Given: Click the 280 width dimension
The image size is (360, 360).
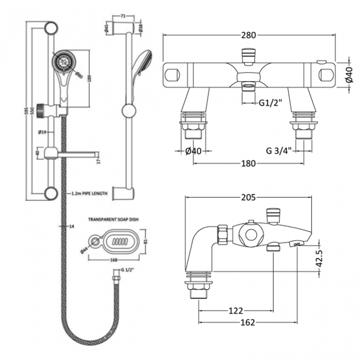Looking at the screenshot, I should (249, 35).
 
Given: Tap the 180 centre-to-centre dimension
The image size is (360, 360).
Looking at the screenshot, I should (249, 163).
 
